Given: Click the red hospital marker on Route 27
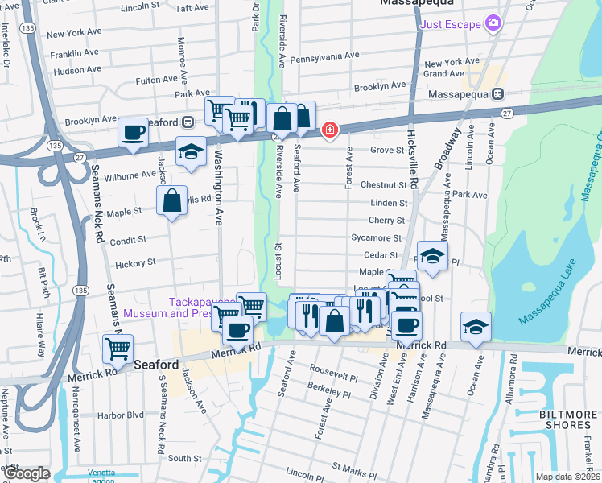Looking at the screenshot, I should pos(329,130).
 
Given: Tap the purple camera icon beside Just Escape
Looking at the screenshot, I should pos(493,24).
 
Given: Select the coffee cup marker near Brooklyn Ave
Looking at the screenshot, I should pos(133,133).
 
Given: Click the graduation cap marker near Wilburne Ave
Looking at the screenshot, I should pos(191,152).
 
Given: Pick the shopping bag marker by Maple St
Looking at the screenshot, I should pos(172,201).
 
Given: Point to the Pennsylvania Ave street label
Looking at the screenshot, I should pos(324,56).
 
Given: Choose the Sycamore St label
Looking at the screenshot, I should pos(376,238).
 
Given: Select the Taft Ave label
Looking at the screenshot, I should pos(192,8).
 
